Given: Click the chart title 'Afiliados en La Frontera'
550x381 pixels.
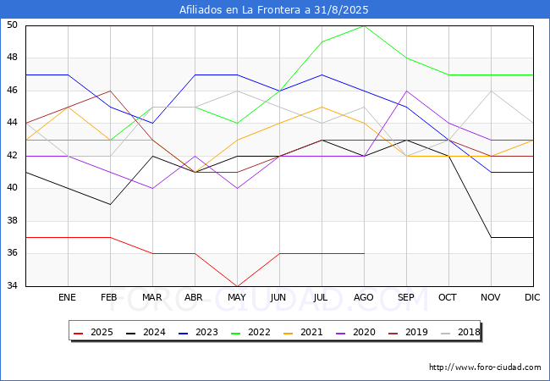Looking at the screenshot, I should [274, 10].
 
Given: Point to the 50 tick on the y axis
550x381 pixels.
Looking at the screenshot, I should [13, 25].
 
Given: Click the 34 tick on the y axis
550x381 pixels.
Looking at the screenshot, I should [13, 286].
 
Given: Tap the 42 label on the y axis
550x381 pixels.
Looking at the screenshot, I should [13, 156].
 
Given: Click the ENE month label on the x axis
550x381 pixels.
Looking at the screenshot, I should [68, 298].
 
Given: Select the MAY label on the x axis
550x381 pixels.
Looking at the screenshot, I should [237, 298].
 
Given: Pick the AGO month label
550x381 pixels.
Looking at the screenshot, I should [364, 298].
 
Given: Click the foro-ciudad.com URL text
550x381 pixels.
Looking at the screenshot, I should [485, 367].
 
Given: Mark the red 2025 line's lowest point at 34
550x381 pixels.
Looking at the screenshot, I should [237, 286].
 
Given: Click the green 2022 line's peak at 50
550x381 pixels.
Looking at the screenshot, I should [364, 25].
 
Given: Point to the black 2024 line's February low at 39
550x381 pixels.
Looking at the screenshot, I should [110, 204].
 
